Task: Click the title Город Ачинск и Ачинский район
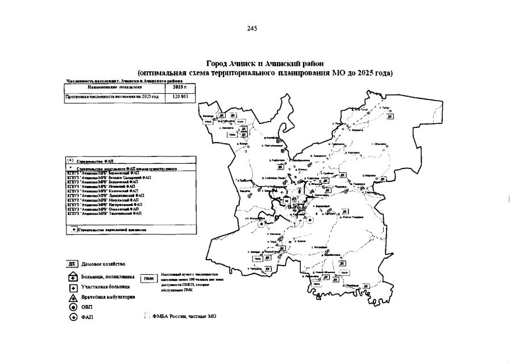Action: pos(265,64)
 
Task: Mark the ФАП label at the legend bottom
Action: pos(88,317)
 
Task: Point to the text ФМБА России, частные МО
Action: pos(184,316)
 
